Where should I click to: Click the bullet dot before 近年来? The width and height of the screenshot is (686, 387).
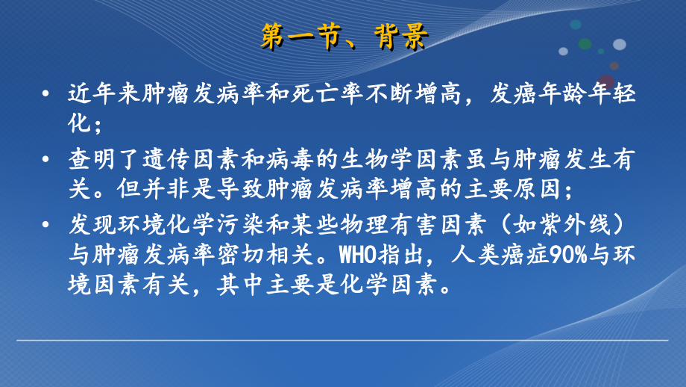coord(46,95)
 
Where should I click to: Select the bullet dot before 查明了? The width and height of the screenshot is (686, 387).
coord(46,159)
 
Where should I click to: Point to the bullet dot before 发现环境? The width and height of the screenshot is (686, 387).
coord(46,223)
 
